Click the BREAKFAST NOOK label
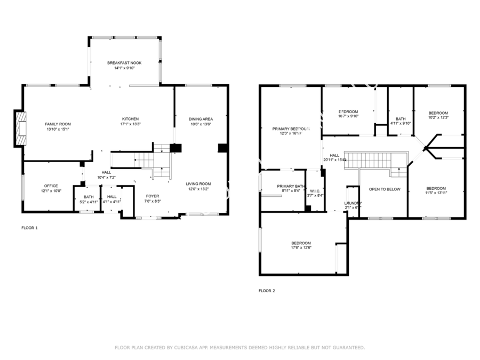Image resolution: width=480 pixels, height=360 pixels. (124, 62)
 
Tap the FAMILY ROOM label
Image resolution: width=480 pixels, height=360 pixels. (58, 124)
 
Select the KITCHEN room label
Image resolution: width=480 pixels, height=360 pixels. (130, 118)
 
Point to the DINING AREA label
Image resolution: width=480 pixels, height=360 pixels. (201, 118)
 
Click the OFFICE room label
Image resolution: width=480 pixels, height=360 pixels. (51, 186)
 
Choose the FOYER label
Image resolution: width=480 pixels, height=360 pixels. (153, 196)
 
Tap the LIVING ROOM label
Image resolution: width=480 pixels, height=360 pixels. (198, 183)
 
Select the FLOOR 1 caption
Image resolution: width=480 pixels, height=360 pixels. (29, 228)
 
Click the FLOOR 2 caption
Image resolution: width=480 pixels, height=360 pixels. (267, 291)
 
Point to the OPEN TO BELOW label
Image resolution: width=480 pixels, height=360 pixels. (385, 189)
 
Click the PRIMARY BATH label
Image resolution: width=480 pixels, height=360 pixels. (291, 186)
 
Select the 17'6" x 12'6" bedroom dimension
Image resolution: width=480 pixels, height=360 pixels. (301, 247)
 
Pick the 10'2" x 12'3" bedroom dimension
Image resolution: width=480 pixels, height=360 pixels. (438, 117)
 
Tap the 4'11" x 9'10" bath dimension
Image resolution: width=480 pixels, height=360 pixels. (401, 124)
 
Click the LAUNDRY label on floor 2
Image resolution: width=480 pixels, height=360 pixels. (353, 203)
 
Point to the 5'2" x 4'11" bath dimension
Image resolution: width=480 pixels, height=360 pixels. (88, 202)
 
